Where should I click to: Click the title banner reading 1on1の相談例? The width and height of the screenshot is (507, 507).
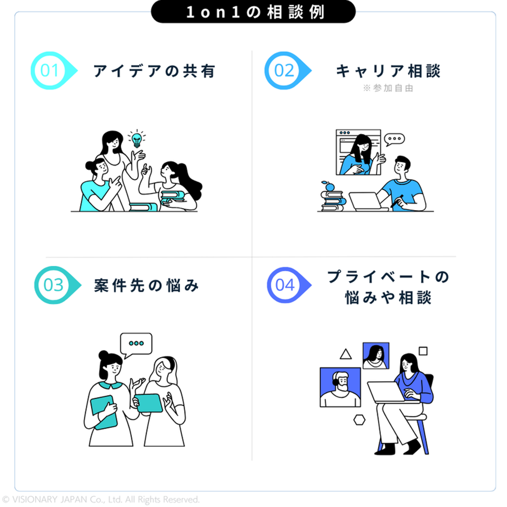253,12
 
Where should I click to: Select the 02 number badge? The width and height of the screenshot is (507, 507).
284,71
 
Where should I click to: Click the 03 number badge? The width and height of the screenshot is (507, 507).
54,285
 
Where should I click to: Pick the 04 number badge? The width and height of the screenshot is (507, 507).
285,285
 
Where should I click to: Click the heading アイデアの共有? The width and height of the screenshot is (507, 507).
154,71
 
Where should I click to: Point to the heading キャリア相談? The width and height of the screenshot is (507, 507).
388,71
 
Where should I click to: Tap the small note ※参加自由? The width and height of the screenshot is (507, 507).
388,88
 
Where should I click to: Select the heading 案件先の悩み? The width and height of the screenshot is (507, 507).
146,286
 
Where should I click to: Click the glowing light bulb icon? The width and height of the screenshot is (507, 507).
137,139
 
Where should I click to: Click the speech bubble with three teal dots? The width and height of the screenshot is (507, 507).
136,344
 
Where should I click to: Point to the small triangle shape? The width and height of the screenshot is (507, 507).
346,354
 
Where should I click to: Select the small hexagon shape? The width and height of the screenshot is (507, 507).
359,420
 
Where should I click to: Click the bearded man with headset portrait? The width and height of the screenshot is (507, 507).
340,387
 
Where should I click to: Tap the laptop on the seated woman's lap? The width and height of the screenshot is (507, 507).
386,392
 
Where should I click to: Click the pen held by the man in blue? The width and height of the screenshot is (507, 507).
397,201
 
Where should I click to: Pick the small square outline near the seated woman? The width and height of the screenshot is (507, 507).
423,351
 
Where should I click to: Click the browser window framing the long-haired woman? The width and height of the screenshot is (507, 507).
358,152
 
